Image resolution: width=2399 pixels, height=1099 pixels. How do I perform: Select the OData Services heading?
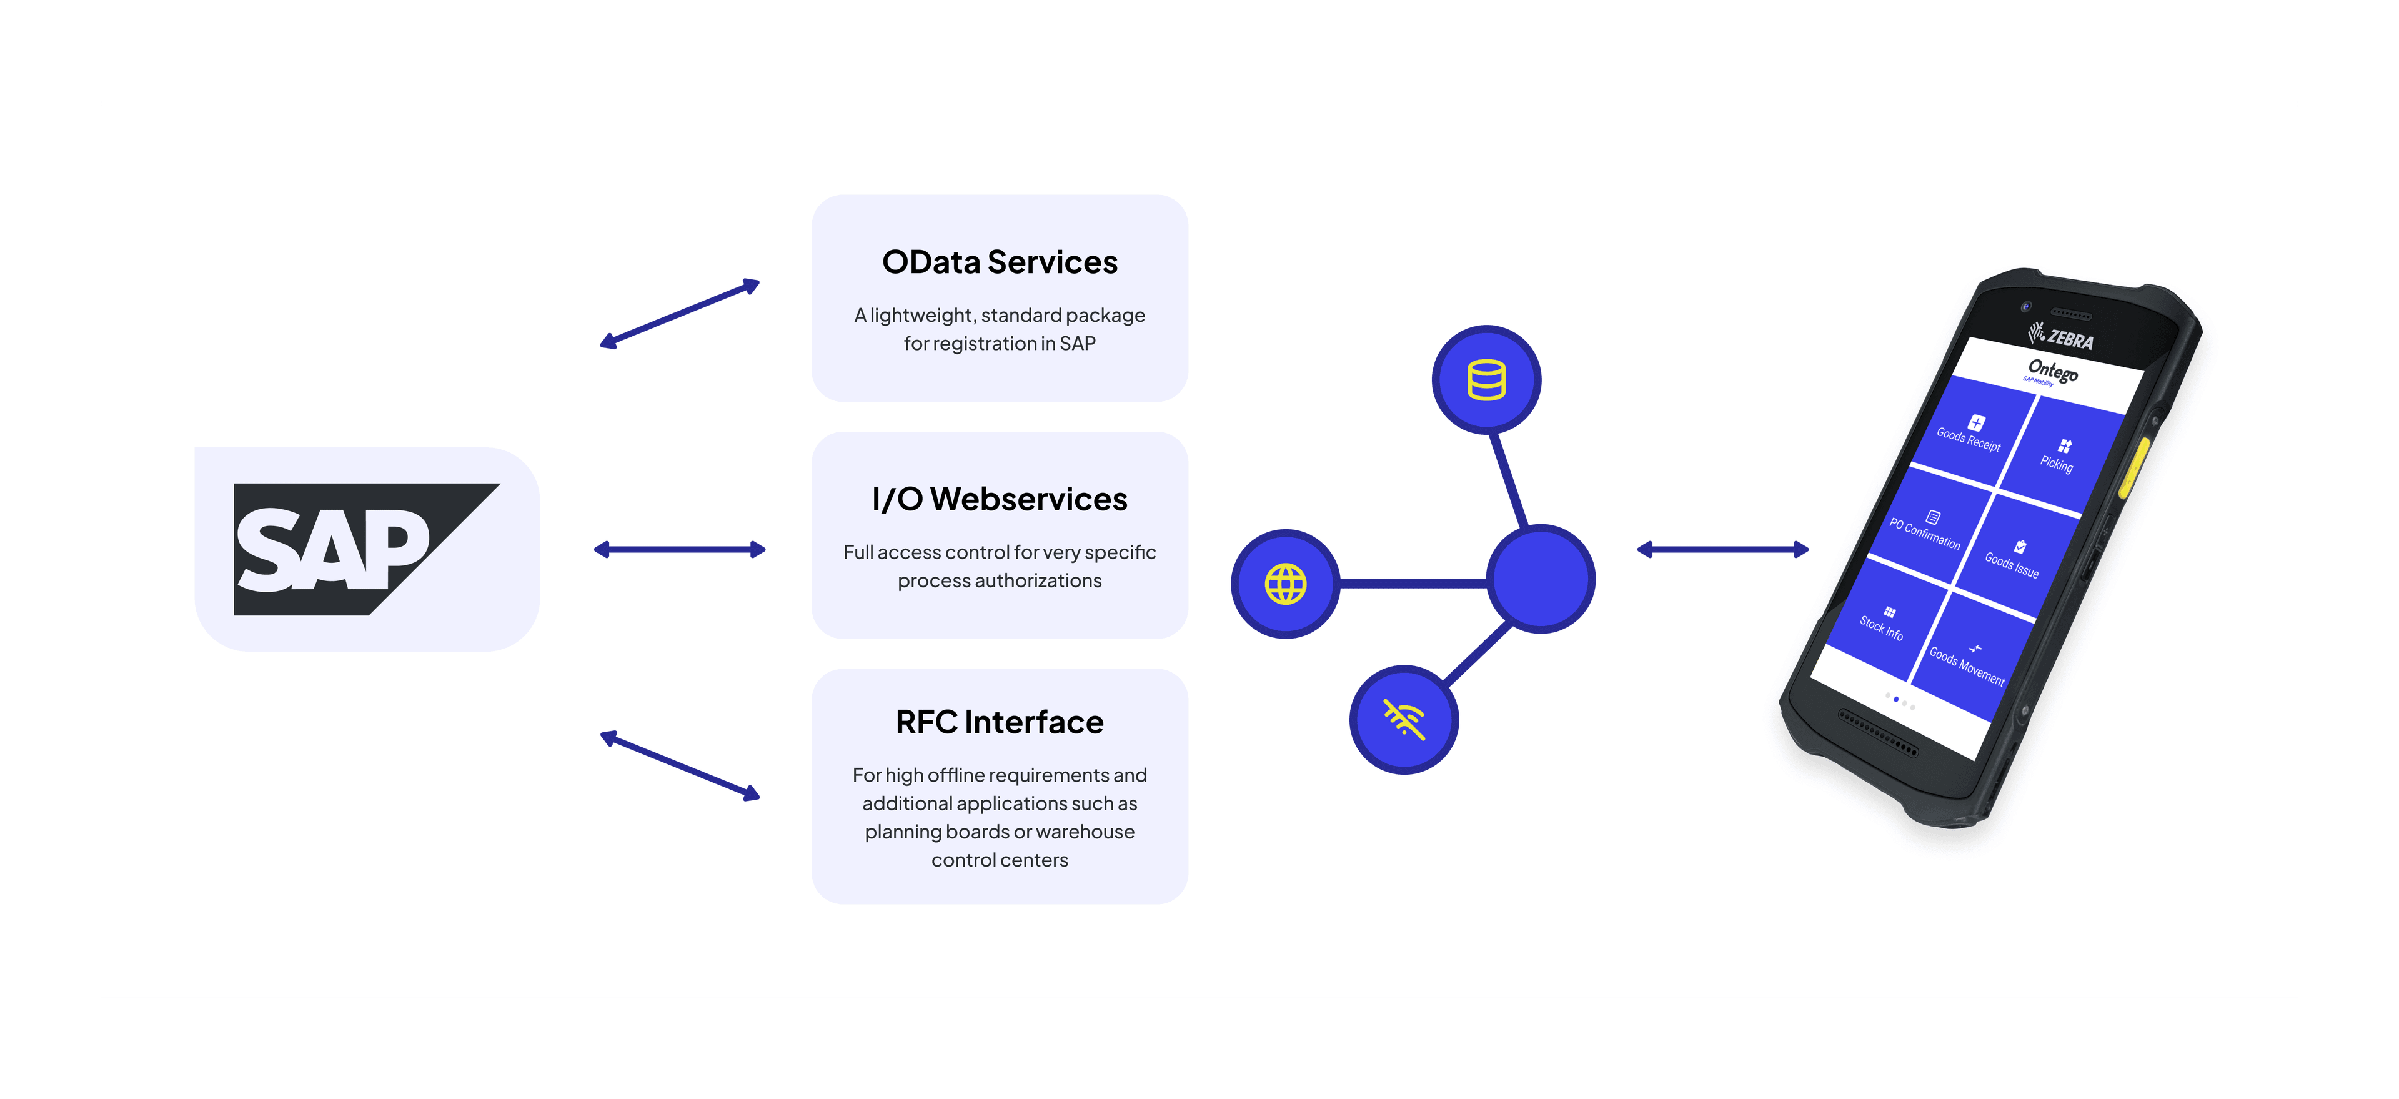tap(1000, 262)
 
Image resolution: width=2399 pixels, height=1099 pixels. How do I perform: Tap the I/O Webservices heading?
tap(1000, 499)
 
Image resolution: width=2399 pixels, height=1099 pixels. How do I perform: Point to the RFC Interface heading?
tap(1000, 722)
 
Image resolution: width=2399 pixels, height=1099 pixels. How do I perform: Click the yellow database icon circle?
tap(1486, 379)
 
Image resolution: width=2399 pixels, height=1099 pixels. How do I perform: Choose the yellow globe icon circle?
tap(1285, 584)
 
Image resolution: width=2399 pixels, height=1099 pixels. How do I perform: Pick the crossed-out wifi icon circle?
tap(1403, 719)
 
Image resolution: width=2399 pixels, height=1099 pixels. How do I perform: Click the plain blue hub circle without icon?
tap(1541, 579)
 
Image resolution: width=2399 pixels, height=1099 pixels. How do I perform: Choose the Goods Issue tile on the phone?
tap(2014, 556)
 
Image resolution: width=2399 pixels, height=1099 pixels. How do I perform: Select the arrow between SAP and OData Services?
tap(680, 314)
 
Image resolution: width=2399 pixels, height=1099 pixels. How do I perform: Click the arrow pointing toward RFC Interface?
tap(680, 765)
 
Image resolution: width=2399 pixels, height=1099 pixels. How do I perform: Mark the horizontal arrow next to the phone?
tap(1723, 550)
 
